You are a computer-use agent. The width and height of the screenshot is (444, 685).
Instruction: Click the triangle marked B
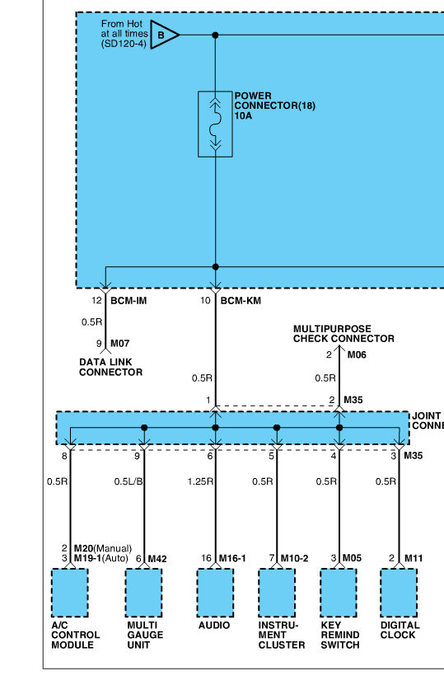163,35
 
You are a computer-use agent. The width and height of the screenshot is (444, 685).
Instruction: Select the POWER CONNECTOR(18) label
274,101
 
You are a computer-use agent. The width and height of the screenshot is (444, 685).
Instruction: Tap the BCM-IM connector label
129,301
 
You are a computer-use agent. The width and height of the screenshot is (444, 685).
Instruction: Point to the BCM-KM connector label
241,301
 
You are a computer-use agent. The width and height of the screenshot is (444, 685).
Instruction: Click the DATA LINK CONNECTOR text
111,367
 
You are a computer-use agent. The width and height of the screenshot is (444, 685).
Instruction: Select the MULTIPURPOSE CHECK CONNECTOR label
344,334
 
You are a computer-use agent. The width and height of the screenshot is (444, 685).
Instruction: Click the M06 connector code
357,354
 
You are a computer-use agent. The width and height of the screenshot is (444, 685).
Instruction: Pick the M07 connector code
120,344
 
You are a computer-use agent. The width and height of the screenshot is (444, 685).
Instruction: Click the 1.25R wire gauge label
200,481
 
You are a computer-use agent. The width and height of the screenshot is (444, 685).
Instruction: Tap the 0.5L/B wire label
129,481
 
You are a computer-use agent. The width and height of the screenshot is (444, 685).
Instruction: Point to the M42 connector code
157,559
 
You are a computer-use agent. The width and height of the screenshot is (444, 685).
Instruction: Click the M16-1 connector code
232,558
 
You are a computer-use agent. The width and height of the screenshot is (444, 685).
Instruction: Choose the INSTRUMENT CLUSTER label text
282,636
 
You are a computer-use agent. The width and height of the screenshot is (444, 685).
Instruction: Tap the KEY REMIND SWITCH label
340,636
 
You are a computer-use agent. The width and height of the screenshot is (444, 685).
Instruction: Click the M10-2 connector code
294,558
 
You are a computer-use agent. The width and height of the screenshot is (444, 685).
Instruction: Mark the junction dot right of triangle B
215,35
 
